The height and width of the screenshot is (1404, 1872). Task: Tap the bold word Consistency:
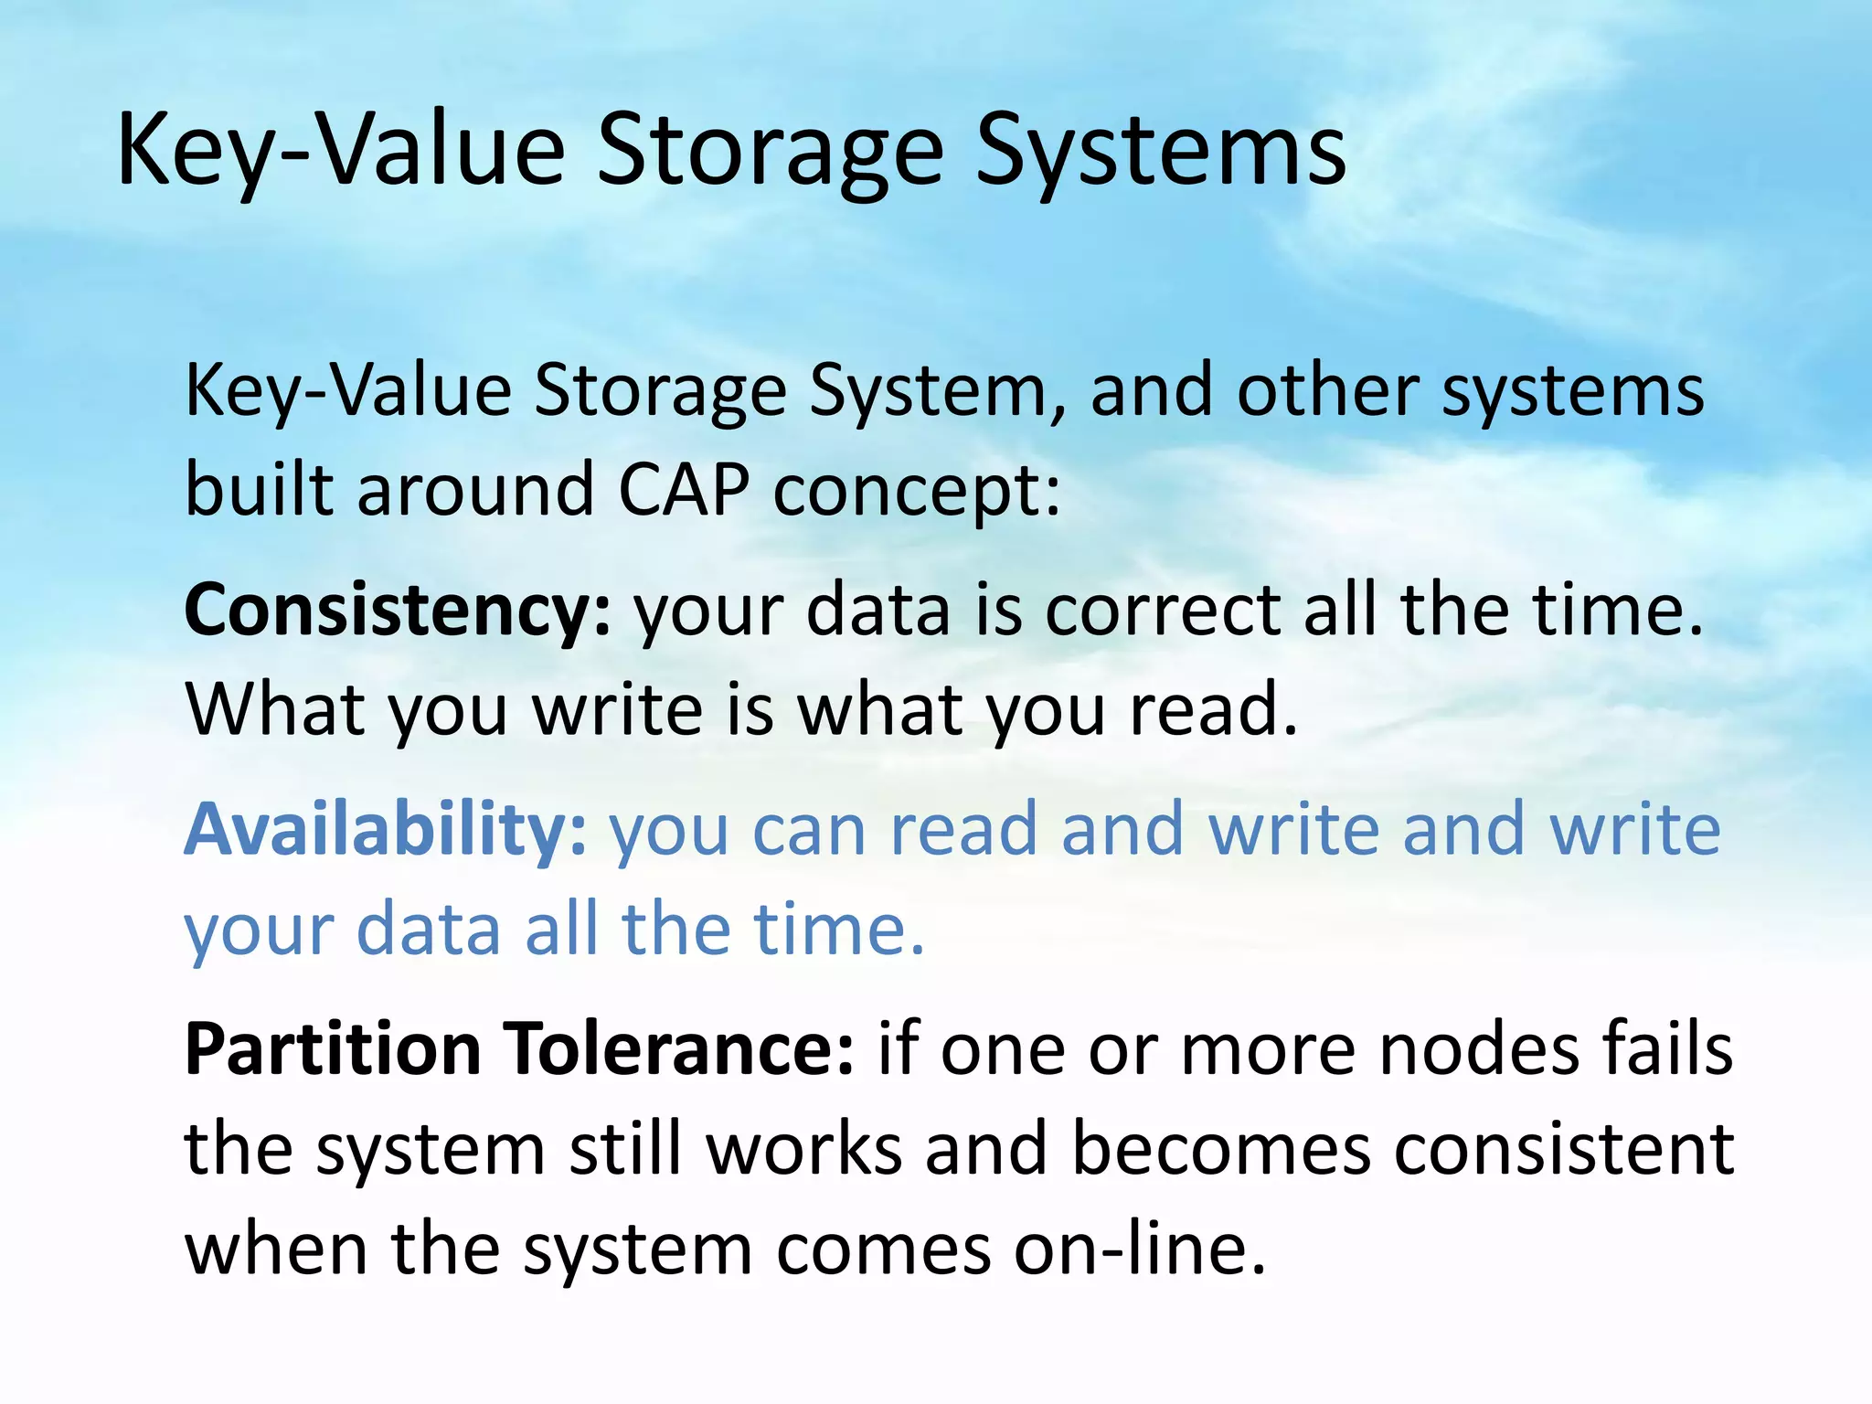[x=397, y=611]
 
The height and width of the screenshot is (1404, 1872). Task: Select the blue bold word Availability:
[x=385, y=828]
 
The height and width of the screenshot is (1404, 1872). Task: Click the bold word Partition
[x=333, y=1048]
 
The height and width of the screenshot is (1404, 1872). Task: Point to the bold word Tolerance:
[x=682, y=1048]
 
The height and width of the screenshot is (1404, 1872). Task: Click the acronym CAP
[x=683, y=489]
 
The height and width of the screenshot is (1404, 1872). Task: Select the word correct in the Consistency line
[x=1162, y=611]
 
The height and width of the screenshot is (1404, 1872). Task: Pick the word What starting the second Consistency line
[x=274, y=710]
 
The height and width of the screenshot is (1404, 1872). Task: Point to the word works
[x=804, y=1149]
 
